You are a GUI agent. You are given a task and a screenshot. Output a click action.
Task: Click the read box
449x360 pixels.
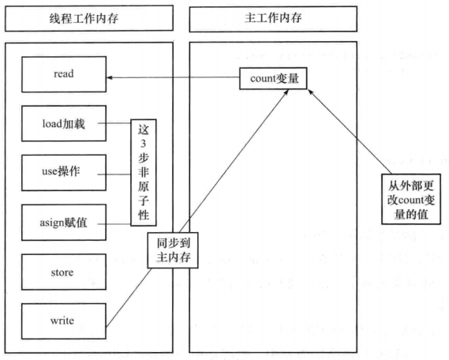tap(64, 74)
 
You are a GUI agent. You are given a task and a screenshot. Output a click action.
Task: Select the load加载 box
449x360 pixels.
tap(64, 123)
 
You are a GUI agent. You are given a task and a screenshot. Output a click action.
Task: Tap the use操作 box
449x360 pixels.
tap(64, 173)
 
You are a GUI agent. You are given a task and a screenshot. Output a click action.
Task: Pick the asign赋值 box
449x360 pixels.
tap(64, 223)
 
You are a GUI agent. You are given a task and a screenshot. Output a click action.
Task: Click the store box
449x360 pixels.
tap(64, 272)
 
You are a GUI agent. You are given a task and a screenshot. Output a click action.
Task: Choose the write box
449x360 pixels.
tap(64, 321)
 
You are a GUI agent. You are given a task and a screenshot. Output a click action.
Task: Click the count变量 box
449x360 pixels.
tap(273, 78)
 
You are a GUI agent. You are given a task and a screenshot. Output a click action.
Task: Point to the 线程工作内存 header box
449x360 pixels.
tap(89, 18)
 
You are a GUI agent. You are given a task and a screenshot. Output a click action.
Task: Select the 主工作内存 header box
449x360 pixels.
tap(273, 19)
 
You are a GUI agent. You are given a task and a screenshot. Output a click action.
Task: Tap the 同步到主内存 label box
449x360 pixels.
tap(173, 250)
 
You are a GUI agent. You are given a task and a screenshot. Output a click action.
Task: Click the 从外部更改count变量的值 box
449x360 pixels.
tap(411, 199)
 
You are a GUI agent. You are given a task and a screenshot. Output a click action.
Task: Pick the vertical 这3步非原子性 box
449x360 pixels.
tap(144, 173)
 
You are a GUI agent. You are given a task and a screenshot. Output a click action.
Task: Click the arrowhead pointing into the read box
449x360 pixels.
tap(110, 77)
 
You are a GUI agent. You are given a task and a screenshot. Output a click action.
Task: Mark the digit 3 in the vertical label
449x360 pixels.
tap(143, 143)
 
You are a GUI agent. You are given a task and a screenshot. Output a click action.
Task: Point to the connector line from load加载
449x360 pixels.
tap(114, 123)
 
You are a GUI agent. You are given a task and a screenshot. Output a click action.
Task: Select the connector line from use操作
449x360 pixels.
tap(114, 174)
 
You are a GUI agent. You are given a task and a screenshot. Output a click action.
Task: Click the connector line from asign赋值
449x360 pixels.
tap(114, 224)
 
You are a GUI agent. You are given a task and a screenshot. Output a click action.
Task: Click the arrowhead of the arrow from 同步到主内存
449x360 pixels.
tap(286, 92)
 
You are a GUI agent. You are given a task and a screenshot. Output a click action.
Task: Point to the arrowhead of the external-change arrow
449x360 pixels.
tap(311, 92)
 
